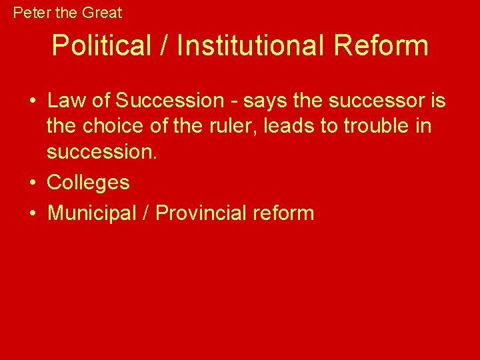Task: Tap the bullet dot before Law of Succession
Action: pos(32,101)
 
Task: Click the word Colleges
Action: pos(89,183)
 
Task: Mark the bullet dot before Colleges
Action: pos(32,183)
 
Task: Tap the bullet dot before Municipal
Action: pos(32,213)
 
